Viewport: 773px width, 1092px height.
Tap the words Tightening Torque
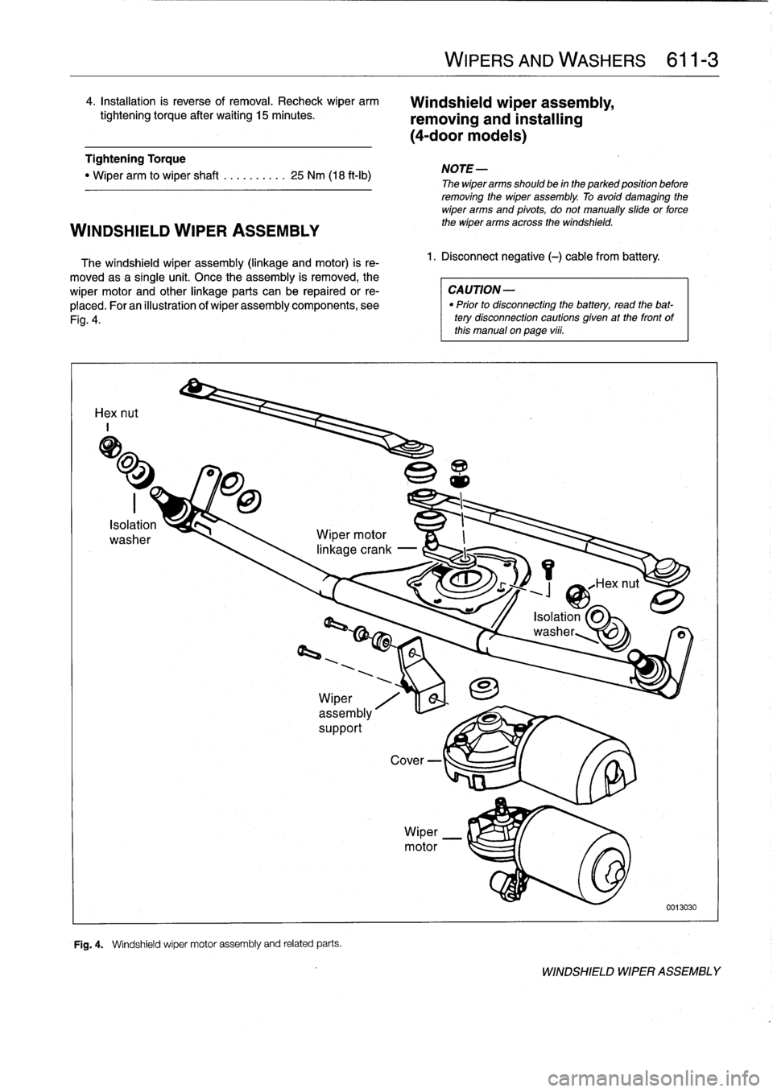pos(135,159)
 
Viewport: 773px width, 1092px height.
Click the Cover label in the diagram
pos(407,760)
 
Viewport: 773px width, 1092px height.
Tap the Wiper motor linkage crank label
pos(353,542)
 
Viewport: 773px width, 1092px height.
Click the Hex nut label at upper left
pos(116,413)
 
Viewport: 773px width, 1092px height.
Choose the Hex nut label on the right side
pos(616,584)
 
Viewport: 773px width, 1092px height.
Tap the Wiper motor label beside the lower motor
pos(421,839)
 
